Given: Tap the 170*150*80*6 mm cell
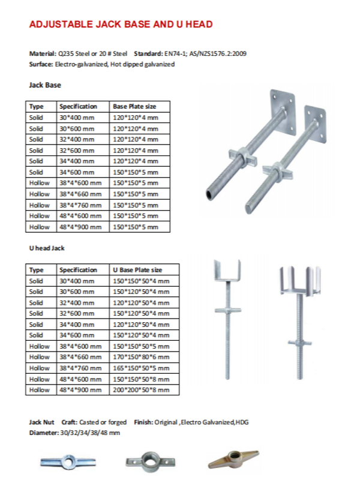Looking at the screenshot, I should (x=140, y=357).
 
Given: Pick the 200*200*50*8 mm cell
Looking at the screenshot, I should (x=141, y=390).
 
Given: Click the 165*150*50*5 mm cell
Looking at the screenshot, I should (x=140, y=368).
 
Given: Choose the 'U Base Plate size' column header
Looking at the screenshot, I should (x=137, y=270).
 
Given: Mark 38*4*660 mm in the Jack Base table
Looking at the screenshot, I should (x=77, y=194).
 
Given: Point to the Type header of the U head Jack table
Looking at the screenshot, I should (x=37, y=270).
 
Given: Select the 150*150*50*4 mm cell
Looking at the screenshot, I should (x=140, y=281).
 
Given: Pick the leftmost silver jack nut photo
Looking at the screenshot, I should (x=62, y=461).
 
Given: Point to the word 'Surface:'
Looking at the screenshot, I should (x=41, y=64).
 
